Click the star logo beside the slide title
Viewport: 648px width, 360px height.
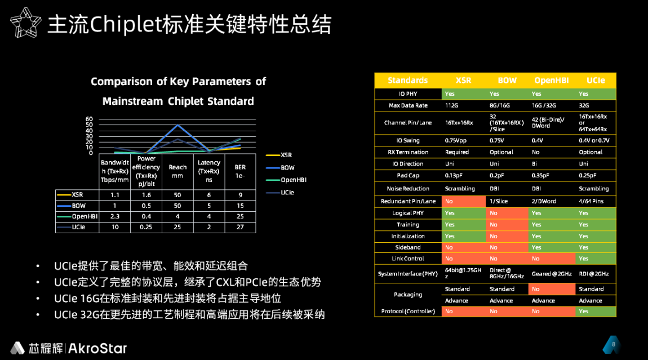click(x=25, y=23)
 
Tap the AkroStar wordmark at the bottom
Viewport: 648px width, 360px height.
click(x=97, y=348)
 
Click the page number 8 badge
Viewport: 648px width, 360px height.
click(x=613, y=344)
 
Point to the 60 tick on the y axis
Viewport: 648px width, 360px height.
click(x=89, y=119)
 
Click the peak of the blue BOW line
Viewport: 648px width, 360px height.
click(x=177, y=125)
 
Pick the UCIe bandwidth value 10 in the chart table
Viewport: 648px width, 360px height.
click(x=115, y=227)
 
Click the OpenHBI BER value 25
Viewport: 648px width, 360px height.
click(x=240, y=216)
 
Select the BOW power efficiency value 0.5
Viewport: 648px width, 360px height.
click(x=146, y=206)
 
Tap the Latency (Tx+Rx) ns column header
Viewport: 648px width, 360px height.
click(x=208, y=171)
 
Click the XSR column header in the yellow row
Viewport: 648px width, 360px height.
click(x=463, y=80)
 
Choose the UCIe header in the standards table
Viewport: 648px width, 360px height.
click(x=596, y=80)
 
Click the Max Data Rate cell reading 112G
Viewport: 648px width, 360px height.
click(x=452, y=105)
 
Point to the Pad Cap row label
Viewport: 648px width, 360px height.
click(x=408, y=175)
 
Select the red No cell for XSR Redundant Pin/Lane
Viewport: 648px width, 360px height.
click(x=464, y=201)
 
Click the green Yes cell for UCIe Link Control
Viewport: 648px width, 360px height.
click(x=596, y=259)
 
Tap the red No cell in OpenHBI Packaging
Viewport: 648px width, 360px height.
click(x=552, y=289)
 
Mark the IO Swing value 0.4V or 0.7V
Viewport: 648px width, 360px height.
click(x=594, y=140)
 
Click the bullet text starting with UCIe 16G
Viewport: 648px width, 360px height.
click(x=167, y=298)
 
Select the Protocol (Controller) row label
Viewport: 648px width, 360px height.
click(x=408, y=311)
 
